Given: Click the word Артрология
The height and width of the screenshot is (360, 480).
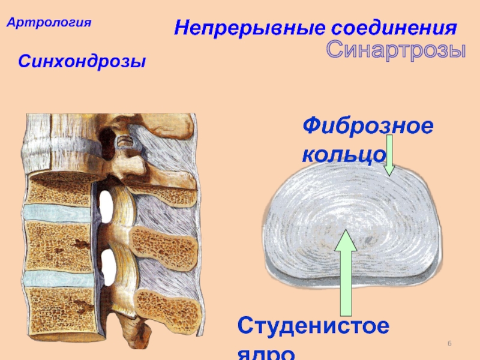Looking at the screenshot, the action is [49, 23].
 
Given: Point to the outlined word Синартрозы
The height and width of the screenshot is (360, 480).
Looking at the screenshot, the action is [396, 50].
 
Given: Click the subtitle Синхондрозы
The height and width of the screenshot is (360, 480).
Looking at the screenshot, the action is [82, 61].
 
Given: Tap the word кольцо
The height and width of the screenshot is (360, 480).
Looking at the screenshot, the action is [343, 154].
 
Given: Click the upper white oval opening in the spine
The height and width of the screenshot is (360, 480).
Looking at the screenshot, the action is [107, 205].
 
